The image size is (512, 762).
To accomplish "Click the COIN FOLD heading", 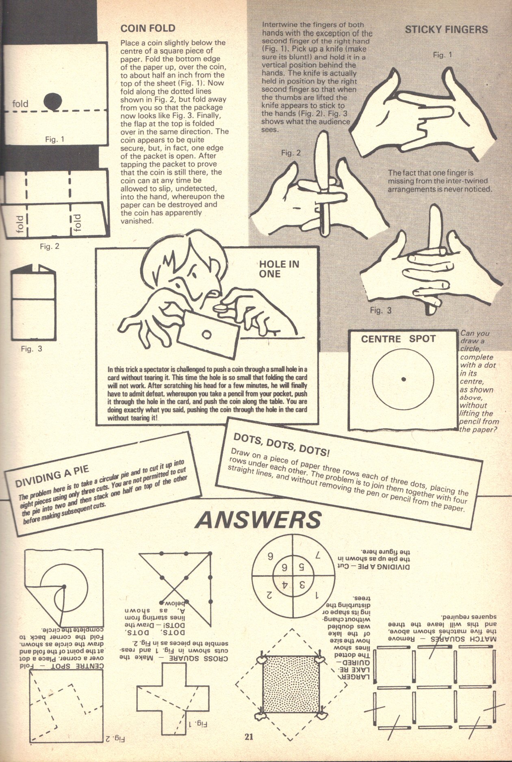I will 148,28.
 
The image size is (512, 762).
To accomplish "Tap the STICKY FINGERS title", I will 446,29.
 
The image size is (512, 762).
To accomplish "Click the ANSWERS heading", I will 258,520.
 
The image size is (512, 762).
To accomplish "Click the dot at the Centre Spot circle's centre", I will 403,379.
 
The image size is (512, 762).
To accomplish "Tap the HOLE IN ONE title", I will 279,269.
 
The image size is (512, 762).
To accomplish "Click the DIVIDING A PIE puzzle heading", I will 52,477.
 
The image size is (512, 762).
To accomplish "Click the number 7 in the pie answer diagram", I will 318,555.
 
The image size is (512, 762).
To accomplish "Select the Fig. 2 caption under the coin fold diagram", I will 49,246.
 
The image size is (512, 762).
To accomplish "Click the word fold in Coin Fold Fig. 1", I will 20,104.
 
